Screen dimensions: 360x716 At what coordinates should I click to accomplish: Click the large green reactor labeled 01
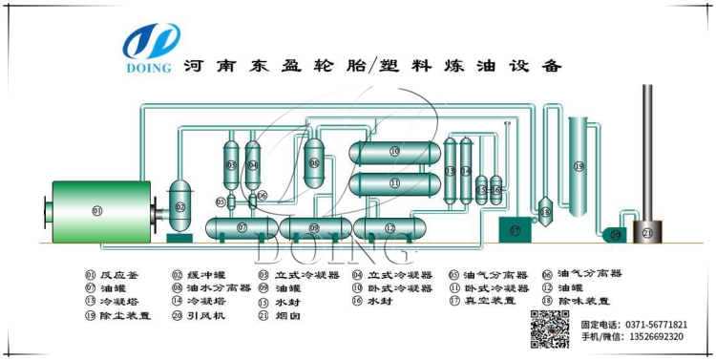(x=96, y=209)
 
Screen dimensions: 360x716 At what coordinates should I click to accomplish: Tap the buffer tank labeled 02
(x=179, y=206)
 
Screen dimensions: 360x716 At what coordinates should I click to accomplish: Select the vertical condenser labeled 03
(x=231, y=164)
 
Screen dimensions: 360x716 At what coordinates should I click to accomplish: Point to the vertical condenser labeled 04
(x=253, y=164)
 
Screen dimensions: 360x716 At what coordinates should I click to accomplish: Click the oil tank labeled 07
(x=242, y=228)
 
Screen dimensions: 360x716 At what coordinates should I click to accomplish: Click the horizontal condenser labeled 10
(x=394, y=152)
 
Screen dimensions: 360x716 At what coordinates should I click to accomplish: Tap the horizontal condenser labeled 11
(x=394, y=181)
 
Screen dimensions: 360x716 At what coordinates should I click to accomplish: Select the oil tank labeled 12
(x=390, y=228)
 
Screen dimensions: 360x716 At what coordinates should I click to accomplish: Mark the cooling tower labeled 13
(x=450, y=169)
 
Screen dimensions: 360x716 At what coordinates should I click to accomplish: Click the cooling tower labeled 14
(x=466, y=169)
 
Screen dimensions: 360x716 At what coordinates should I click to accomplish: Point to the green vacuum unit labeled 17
(x=516, y=230)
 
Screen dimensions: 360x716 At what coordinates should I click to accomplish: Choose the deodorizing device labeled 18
(x=545, y=212)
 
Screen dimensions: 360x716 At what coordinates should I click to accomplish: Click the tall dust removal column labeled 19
(x=579, y=165)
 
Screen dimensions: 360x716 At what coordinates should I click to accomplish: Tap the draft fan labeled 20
(x=616, y=234)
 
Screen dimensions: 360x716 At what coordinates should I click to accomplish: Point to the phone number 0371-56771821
(x=663, y=324)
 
